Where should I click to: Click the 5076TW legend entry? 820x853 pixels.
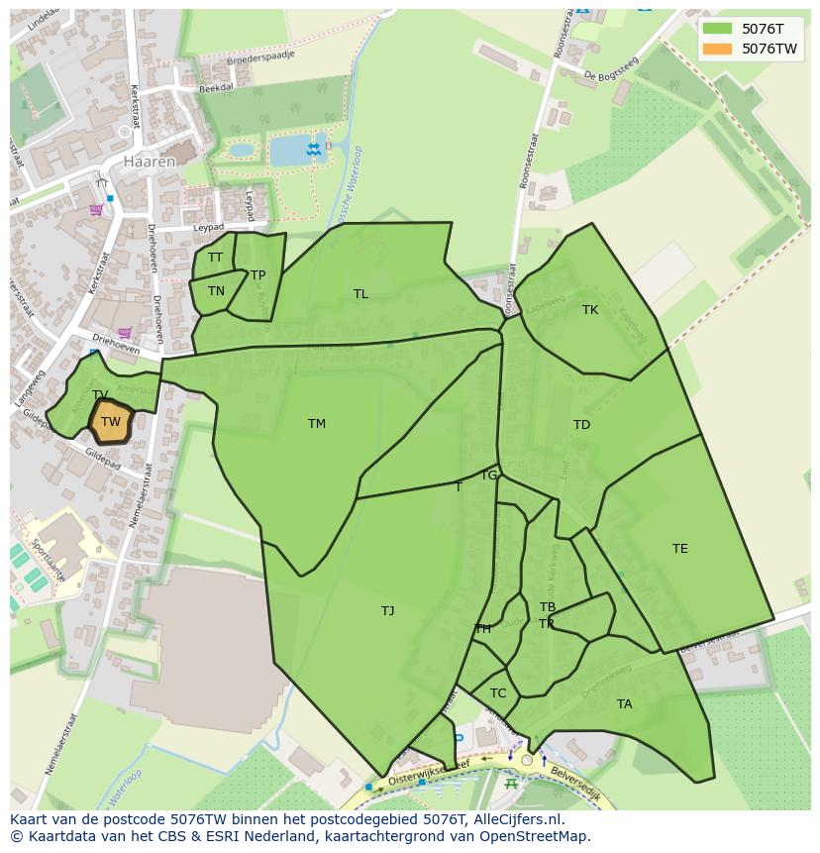750,49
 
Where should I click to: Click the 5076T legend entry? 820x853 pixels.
750,28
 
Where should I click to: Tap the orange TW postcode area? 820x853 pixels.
111,422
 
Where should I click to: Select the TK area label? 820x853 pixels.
590,310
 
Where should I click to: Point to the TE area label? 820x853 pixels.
679,549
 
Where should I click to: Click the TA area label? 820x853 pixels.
624,704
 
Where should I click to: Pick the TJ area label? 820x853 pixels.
388,611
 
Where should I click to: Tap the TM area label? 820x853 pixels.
317,424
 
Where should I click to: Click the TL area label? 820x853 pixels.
360,294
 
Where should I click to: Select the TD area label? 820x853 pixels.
581,425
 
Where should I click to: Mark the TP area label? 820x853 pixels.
258,275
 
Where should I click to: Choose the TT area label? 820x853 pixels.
215,258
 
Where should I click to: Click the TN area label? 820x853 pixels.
216,291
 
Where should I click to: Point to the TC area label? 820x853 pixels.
498,693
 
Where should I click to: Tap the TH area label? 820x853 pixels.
483,629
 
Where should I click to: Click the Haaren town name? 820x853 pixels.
150,160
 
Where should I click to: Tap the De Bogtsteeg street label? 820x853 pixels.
611,69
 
